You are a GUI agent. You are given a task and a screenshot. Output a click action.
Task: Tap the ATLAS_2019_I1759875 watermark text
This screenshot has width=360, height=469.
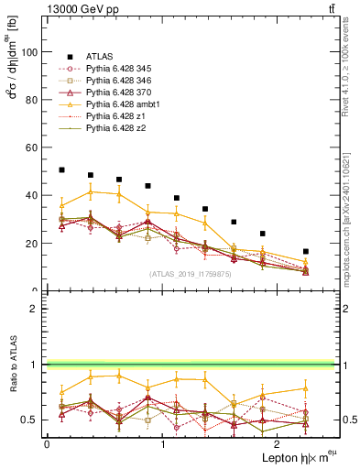click(x=190, y=273)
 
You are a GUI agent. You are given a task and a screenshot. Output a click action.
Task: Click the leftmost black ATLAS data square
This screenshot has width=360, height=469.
click(x=61, y=169)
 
